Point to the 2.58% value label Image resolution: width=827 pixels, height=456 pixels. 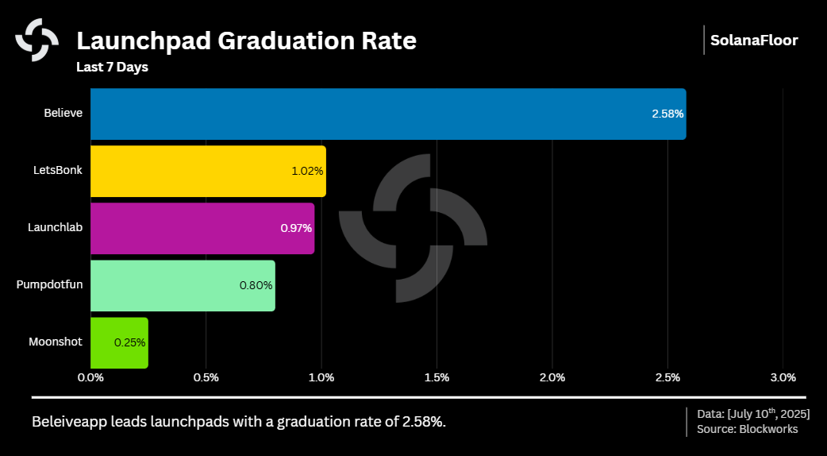coord(667,114)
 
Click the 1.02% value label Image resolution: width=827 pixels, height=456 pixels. coord(307,171)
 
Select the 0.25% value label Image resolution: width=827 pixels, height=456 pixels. coord(129,342)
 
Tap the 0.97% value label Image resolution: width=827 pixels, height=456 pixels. coord(296,228)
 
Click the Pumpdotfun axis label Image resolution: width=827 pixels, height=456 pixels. coord(49,285)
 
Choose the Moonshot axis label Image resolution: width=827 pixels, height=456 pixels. coord(56,342)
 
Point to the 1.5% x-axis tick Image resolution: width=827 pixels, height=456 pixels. coord(437,377)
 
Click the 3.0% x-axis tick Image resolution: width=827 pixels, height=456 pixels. coord(783,377)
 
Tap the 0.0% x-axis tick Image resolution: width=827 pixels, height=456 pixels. coord(90,377)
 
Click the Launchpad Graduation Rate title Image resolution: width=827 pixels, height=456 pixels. coord(246,41)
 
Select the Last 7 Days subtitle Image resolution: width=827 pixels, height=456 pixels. coord(112,68)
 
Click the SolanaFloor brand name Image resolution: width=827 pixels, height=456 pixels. coord(754,41)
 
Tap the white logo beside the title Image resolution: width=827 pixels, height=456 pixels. coord(37,40)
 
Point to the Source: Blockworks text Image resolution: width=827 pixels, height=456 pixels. coord(747,429)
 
